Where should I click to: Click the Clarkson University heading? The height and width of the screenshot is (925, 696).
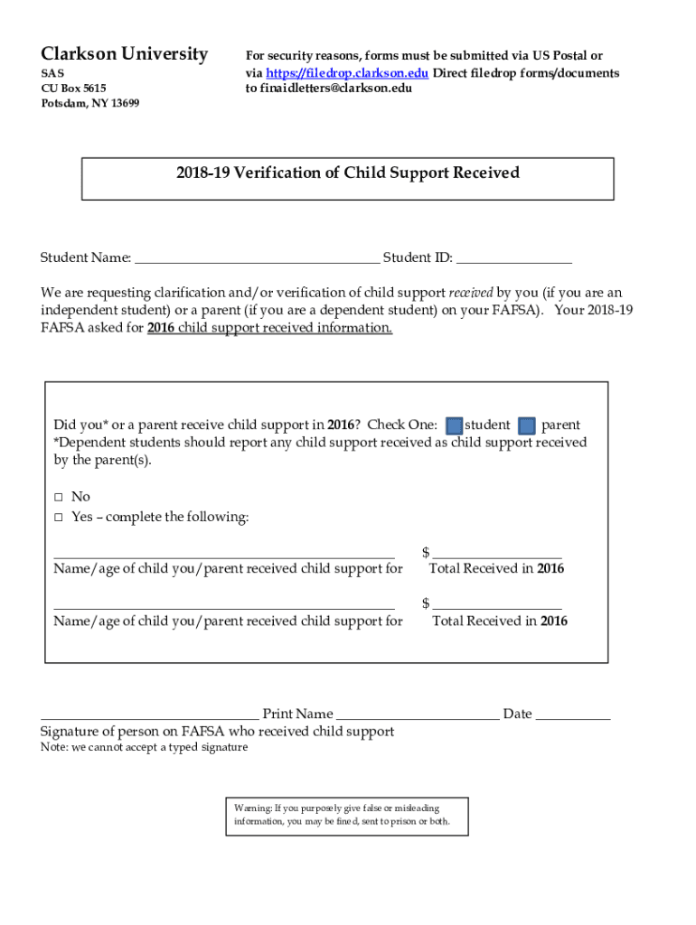point(124,54)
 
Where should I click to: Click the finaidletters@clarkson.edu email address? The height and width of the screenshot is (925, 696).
point(329,89)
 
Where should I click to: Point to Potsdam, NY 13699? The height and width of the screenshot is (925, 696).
point(89,104)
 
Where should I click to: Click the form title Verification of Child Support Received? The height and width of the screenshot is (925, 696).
point(348,173)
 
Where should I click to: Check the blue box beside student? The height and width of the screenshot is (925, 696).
point(455,425)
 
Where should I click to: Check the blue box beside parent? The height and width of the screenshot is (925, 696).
point(528,425)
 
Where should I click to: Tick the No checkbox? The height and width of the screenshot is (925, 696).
point(58,497)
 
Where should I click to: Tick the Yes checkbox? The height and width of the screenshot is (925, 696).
point(58,518)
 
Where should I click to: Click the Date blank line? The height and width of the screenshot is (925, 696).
point(573,717)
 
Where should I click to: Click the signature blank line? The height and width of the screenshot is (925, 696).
point(149,717)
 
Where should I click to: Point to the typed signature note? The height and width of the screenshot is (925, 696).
point(144,748)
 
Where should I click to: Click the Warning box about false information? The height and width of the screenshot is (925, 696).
point(347,816)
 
